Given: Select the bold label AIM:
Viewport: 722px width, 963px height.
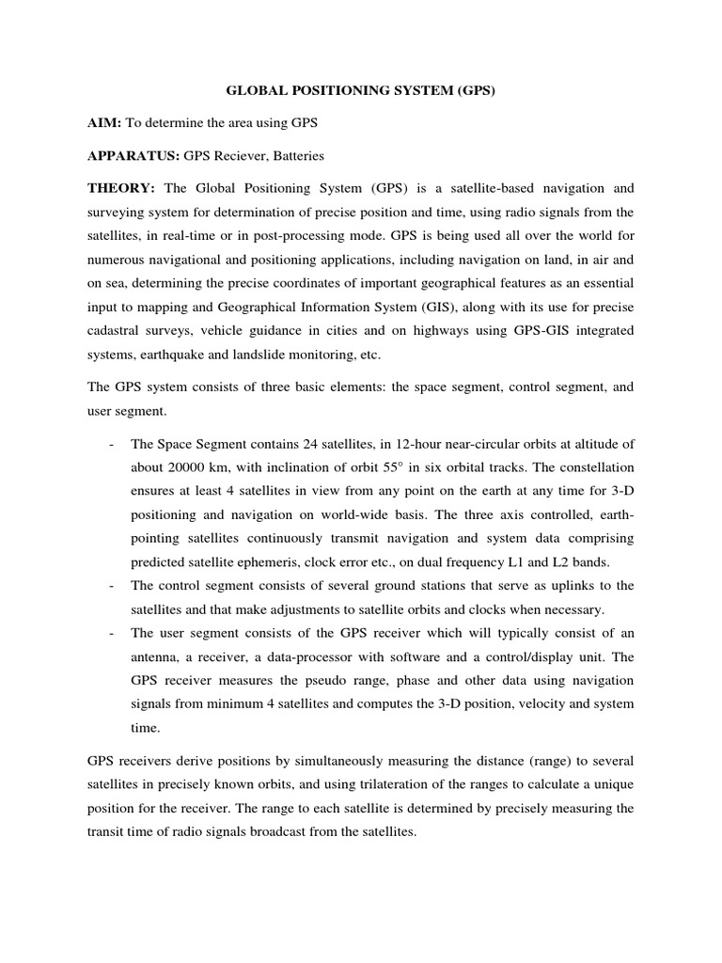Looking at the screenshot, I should pyautogui.click(x=104, y=123).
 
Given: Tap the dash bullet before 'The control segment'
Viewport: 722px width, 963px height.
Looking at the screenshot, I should pyautogui.click(x=112, y=585).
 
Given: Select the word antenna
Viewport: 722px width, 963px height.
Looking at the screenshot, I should pyautogui.click(x=157, y=655).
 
